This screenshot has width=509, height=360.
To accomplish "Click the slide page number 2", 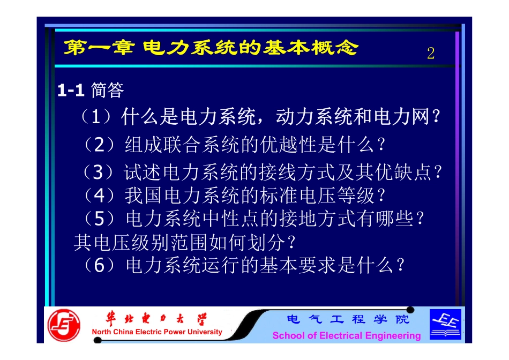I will click(431, 54).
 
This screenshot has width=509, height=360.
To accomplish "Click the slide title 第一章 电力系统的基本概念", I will click(210, 49).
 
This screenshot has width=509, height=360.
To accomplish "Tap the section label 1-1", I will click(71, 91).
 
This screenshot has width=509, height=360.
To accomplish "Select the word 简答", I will click(108, 90).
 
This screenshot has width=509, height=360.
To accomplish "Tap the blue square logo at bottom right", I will click(445, 324).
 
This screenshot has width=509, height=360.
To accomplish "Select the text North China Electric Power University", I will click(157, 332).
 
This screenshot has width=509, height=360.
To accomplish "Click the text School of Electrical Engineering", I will click(347, 336).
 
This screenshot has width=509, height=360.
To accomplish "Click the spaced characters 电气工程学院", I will click(348, 320).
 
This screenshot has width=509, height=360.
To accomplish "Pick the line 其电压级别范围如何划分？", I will click(185, 242).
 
